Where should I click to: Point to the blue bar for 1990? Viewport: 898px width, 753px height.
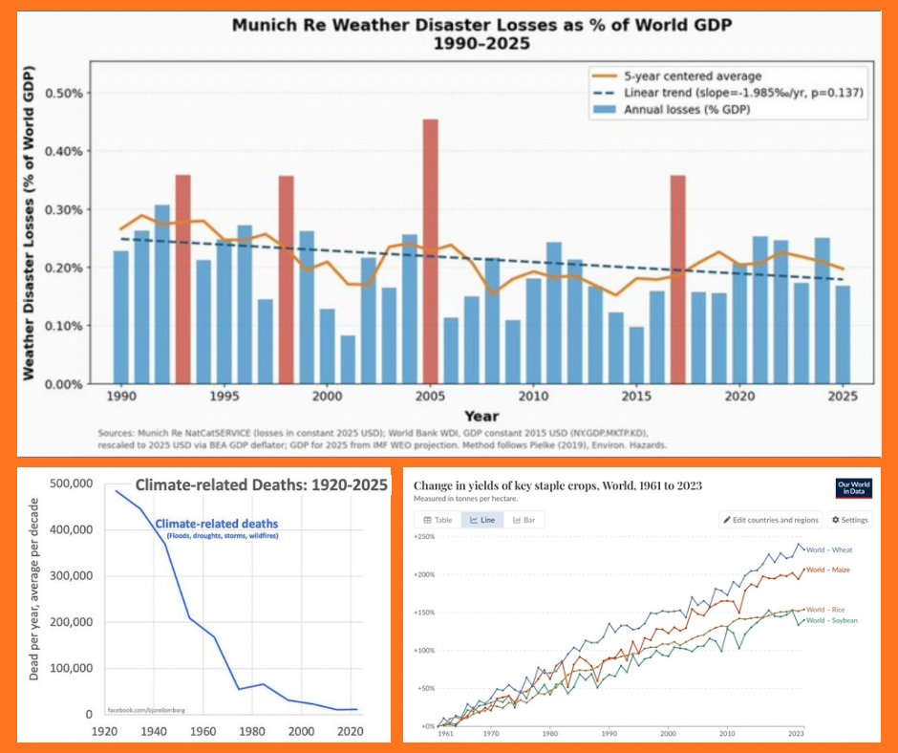121,316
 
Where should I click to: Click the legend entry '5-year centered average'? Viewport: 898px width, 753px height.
692,75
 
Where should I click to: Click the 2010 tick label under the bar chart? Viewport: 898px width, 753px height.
533,396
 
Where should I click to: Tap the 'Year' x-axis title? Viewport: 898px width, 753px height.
481,416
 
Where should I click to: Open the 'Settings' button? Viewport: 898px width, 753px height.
849,520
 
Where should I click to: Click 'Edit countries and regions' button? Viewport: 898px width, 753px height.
771,520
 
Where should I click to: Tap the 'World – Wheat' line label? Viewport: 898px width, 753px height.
829,550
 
